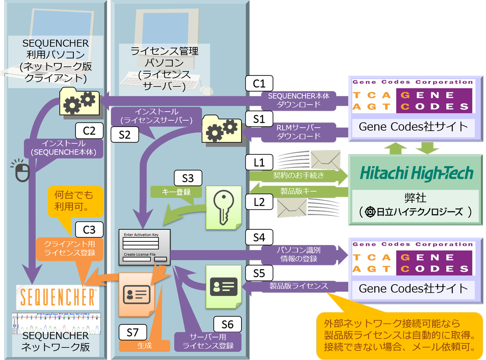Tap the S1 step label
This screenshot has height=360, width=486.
[x=259, y=119]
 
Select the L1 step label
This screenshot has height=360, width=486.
[x=259, y=162]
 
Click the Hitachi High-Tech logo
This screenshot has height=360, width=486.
[x=416, y=173]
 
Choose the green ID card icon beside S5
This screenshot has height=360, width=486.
[x=224, y=287]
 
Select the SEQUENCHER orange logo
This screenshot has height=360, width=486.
[x=58, y=297]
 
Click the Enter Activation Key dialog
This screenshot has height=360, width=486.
[x=144, y=246]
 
